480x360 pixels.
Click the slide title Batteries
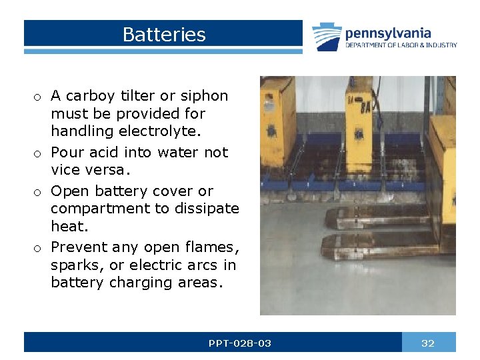pos(164,35)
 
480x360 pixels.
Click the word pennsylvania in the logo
pos(387,33)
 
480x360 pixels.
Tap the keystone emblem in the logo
pos(327,37)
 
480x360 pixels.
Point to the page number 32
pos(428,343)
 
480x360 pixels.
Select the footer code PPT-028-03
pos(240,343)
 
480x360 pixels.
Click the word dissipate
pos(207,209)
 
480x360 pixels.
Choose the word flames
pos(209,247)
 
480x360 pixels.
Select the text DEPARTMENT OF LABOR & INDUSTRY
pos(401,45)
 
